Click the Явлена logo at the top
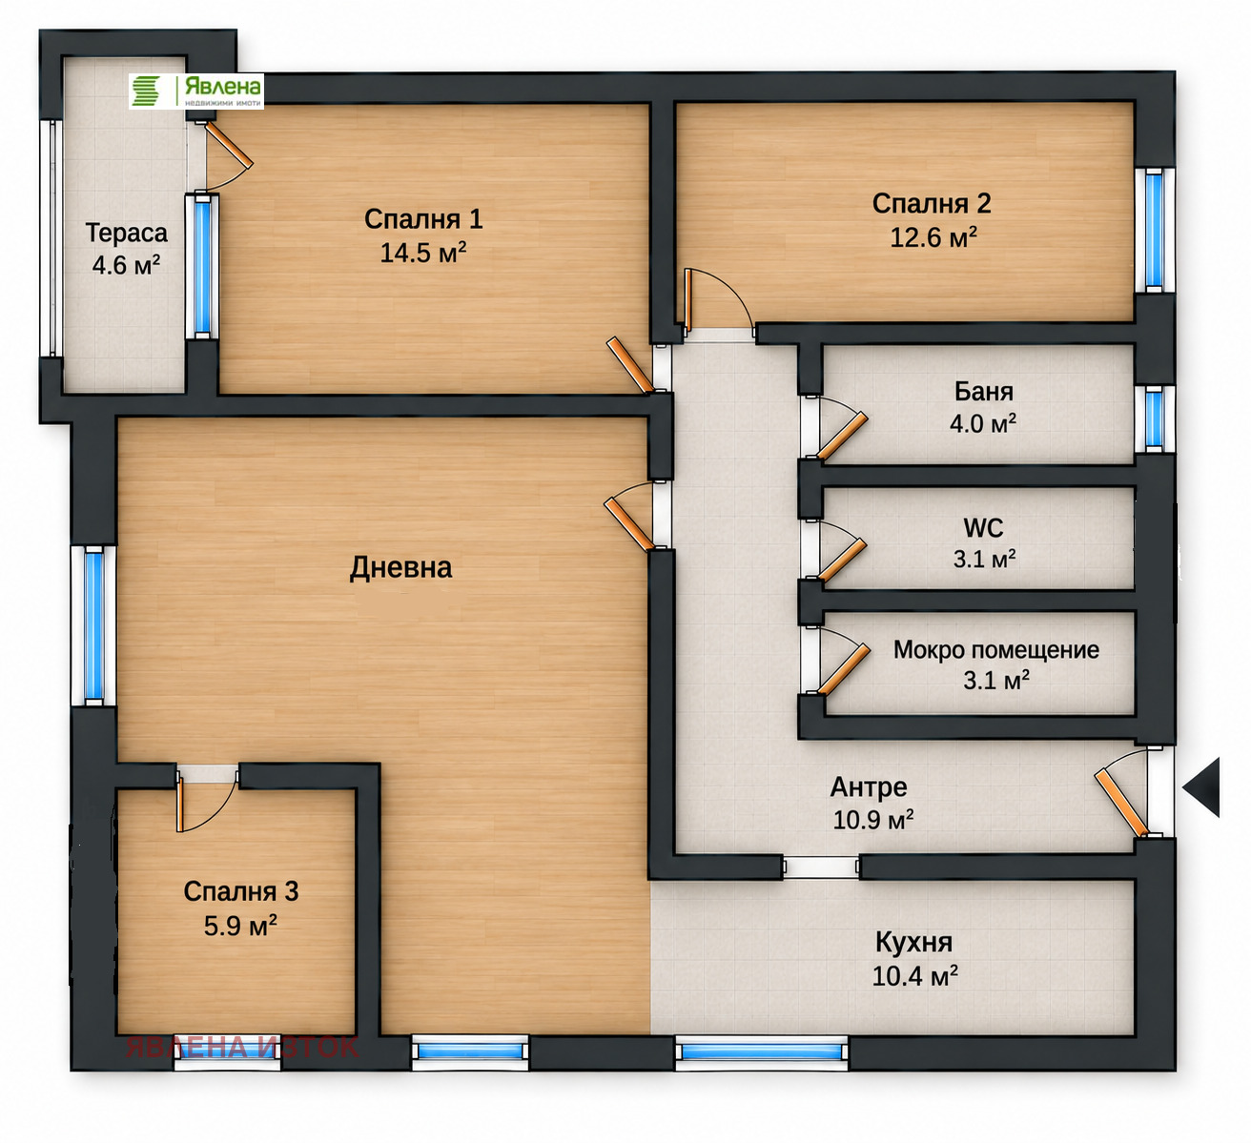(x=195, y=92)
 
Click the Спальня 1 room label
(x=423, y=219)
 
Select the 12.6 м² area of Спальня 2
(x=933, y=237)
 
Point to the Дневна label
(x=401, y=567)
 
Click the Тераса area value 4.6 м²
(x=126, y=265)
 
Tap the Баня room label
(x=983, y=392)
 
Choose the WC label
(x=983, y=528)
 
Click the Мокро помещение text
(x=995, y=650)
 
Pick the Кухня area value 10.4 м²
(x=914, y=976)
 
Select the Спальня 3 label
(x=241, y=891)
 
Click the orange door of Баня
(x=843, y=436)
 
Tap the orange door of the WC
(x=843, y=560)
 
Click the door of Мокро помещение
(x=844, y=669)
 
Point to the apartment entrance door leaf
(x=1121, y=804)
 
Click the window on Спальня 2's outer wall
(x=1155, y=230)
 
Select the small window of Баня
(x=1155, y=418)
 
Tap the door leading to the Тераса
(x=229, y=145)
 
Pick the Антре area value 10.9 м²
(x=873, y=820)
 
